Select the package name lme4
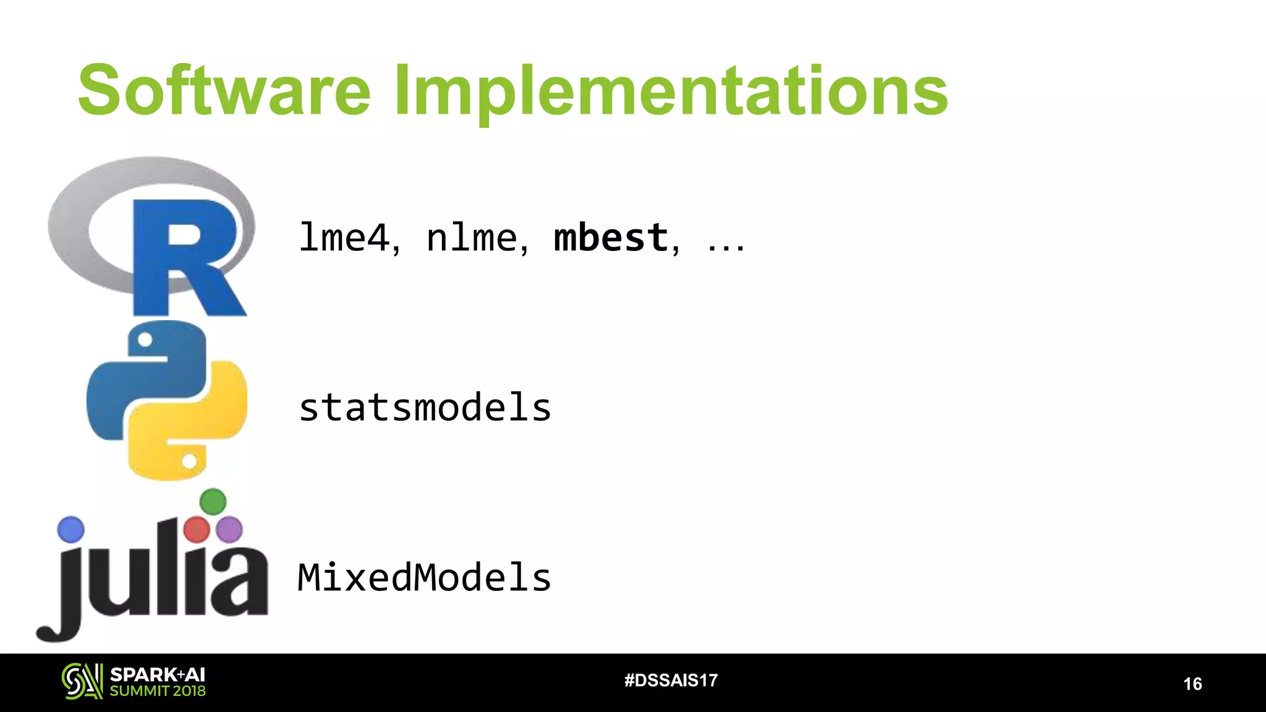(x=344, y=237)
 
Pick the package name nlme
(x=472, y=237)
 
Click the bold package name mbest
(x=611, y=237)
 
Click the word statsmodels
(x=425, y=408)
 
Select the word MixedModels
(x=424, y=577)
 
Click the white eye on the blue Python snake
(x=145, y=339)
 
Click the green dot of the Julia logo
(x=213, y=501)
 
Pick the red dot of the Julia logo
(x=197, y=530)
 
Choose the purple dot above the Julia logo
(x=230, y=530)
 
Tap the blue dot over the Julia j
(x=70, y=530)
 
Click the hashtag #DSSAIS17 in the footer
(x=671, y=680)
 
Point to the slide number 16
(x=1192, y=684)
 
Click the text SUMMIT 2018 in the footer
(x=158, y=691)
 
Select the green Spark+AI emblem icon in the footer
(x=82, y=681)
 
